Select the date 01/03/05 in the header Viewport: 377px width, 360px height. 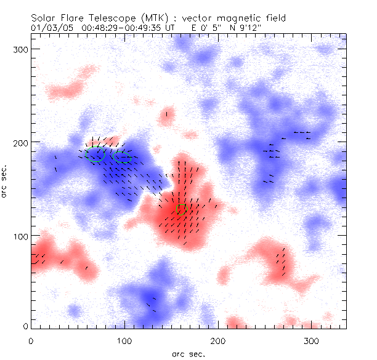pyautogui.click(x=48, y=28)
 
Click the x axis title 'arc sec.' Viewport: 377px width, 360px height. pyautogui.click(x=188, y=353)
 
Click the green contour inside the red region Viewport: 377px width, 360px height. pyautogui.click(x=181, y=209)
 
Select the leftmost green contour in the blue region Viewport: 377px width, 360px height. pyautogui.click(x=95, y=155)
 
